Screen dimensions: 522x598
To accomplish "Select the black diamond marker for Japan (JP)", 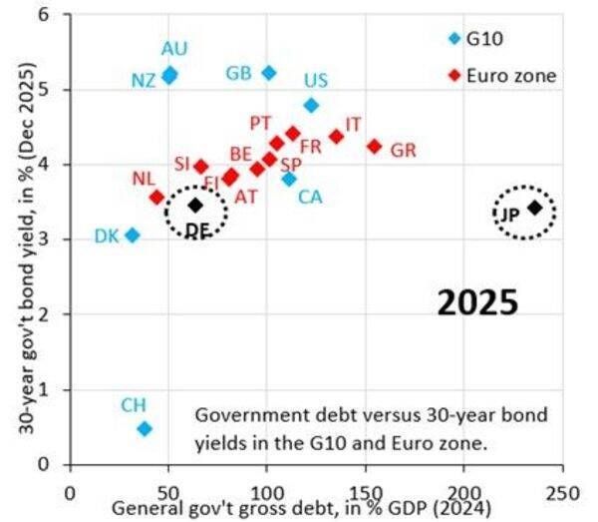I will coord(535,208).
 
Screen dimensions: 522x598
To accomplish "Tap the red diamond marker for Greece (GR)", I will coord(375,146).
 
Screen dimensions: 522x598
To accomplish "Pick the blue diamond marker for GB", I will coord(268,73).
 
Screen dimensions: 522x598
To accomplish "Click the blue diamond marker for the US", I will coord(311,105).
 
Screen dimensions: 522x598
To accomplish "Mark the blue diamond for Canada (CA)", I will coord(289,179).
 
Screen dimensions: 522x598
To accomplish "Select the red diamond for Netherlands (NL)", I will coord(156,197).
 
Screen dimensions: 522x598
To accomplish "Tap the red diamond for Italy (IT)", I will coord(336,136).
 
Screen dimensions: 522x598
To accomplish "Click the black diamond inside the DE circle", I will coord(196,205).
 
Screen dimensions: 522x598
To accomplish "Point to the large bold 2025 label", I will coord(477,302).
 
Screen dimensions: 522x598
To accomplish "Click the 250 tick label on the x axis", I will coord(563,492).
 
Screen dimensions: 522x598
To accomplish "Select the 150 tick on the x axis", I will coord(366,492).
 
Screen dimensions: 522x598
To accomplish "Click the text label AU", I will coord(174,49).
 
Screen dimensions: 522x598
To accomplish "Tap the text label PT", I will coord(261,122).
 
